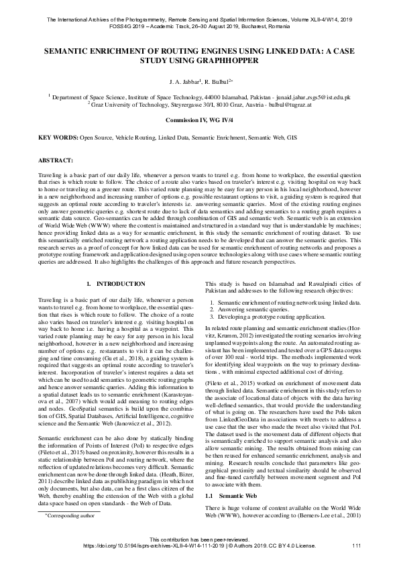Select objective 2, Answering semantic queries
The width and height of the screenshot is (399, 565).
pos(258,308)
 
